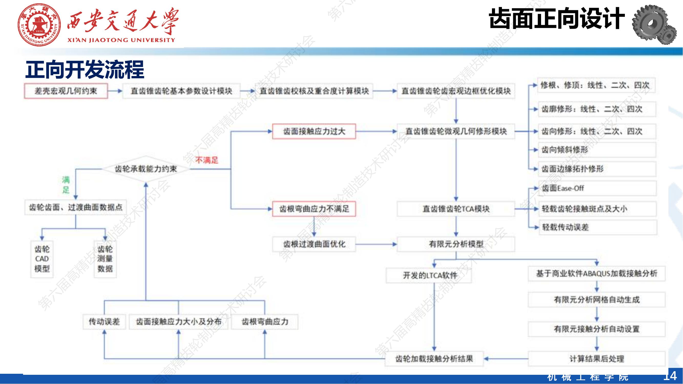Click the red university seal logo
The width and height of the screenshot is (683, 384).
39,25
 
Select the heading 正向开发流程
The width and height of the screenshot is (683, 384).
85,69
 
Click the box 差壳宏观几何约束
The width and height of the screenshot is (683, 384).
66,91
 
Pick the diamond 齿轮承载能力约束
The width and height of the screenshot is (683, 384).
145,169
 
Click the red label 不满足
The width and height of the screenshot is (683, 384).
207,160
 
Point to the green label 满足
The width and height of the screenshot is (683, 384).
66,185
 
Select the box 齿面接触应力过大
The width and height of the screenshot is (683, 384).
314,131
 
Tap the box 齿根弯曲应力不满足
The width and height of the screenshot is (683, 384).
314,209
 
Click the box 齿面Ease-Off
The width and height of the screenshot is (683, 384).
598,188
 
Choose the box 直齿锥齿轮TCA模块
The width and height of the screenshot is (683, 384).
456,209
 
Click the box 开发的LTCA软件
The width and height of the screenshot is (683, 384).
429,276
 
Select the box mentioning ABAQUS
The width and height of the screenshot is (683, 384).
596,273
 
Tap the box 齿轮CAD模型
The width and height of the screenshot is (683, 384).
42,259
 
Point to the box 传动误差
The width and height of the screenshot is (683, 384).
104,322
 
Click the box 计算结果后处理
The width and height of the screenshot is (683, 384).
596,359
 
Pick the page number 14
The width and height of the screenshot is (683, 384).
670,376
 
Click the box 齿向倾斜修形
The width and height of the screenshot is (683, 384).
597,150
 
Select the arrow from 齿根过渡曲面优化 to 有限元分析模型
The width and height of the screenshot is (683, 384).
376,244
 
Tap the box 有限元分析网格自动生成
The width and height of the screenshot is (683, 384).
596,300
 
